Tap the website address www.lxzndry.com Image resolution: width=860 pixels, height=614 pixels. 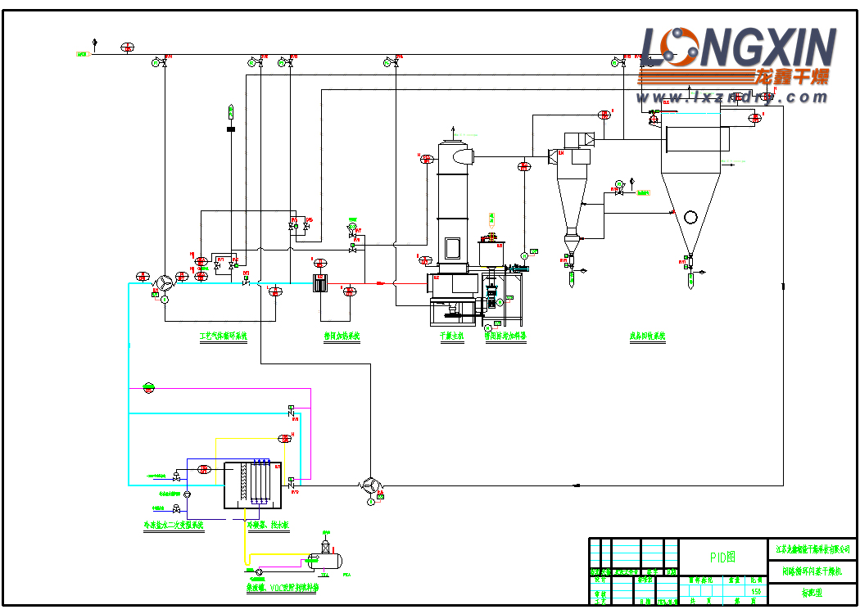click(733, 97)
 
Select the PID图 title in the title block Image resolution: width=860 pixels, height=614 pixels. click(722, 558)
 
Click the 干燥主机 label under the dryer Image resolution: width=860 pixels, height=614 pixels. click(451, 336)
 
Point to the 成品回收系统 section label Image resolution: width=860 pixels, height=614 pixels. click(647, 336)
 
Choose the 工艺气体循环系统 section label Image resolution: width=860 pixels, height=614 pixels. click(223, 336)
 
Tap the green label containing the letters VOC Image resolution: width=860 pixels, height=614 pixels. click(281, 587)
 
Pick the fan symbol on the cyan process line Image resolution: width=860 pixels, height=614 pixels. click(165, 283)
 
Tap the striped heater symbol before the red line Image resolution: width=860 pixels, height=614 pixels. click(321, 283)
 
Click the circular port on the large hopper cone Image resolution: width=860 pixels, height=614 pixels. click(690, 217)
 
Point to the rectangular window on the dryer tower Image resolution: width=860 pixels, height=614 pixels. click(451, 247)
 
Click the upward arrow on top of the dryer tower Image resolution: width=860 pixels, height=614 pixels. click(453, 129)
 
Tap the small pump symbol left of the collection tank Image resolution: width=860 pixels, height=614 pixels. click(259, 570)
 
